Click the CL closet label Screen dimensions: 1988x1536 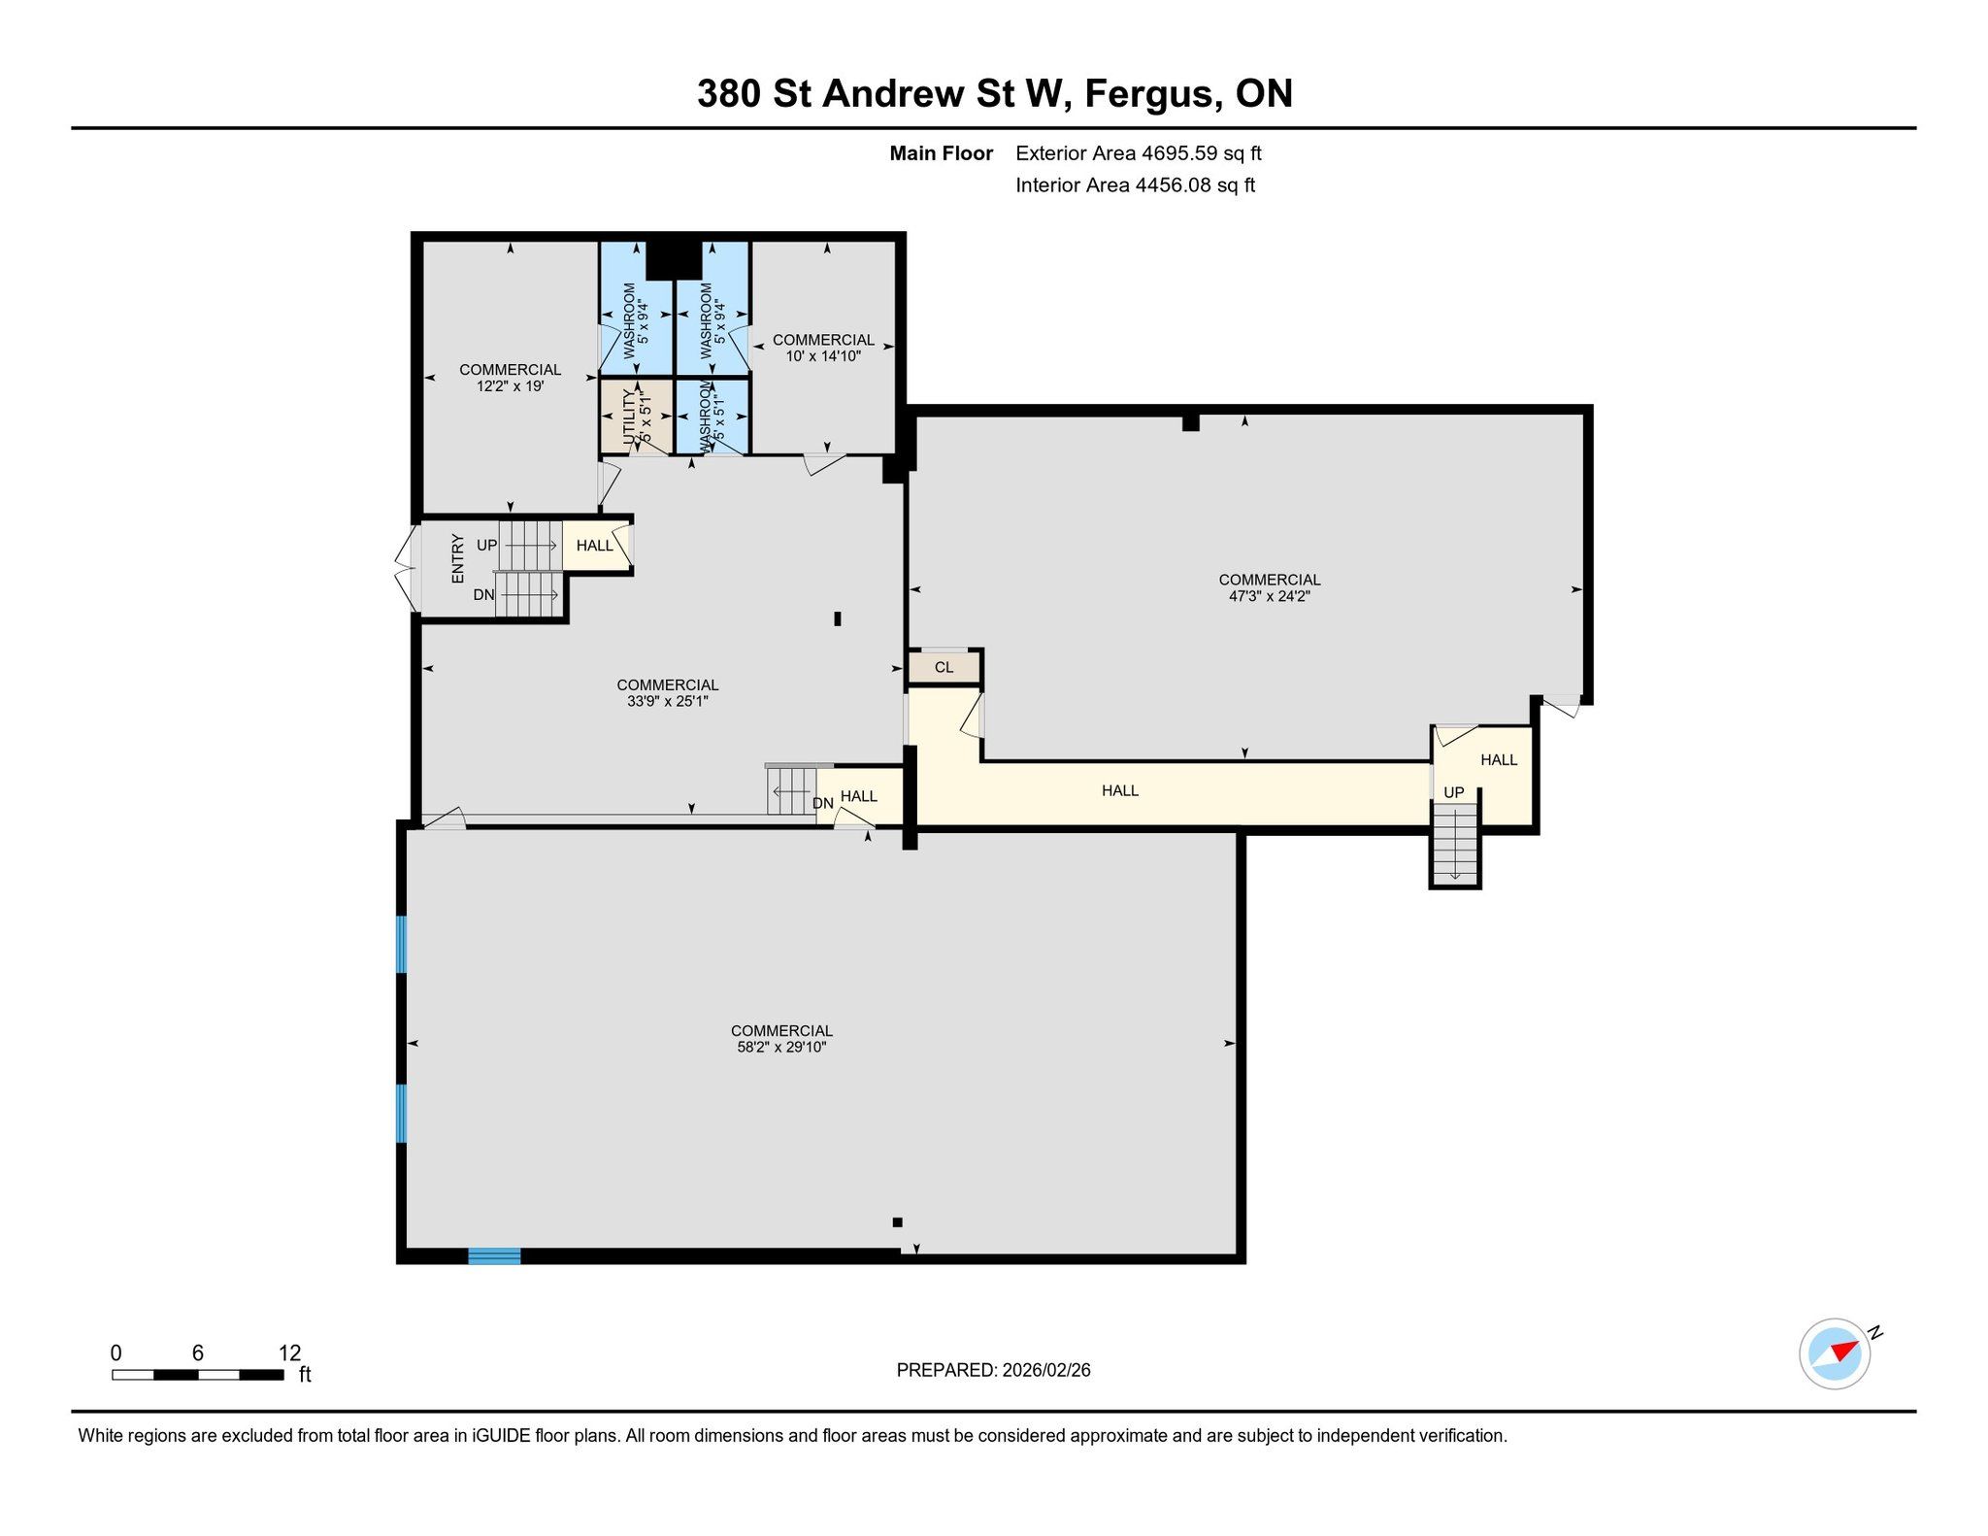944,667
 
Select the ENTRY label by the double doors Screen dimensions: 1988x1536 457,558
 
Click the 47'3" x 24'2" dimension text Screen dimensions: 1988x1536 1270,596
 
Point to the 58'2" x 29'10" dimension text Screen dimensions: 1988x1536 781,1047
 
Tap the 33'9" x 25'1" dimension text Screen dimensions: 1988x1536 668,700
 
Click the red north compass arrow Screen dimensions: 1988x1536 1845,1351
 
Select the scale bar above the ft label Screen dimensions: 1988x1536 198,1374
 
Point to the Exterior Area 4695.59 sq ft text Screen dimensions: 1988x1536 1139,152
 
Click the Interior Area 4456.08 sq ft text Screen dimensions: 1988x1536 1135,184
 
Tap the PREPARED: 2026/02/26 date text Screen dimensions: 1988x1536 993,1370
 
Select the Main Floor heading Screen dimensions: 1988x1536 941,153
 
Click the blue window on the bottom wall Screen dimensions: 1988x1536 494,1255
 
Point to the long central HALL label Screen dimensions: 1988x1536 1120,790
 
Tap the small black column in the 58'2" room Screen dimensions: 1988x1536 897,1222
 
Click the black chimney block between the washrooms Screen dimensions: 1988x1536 674,259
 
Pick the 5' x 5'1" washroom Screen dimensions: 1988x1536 712,415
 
